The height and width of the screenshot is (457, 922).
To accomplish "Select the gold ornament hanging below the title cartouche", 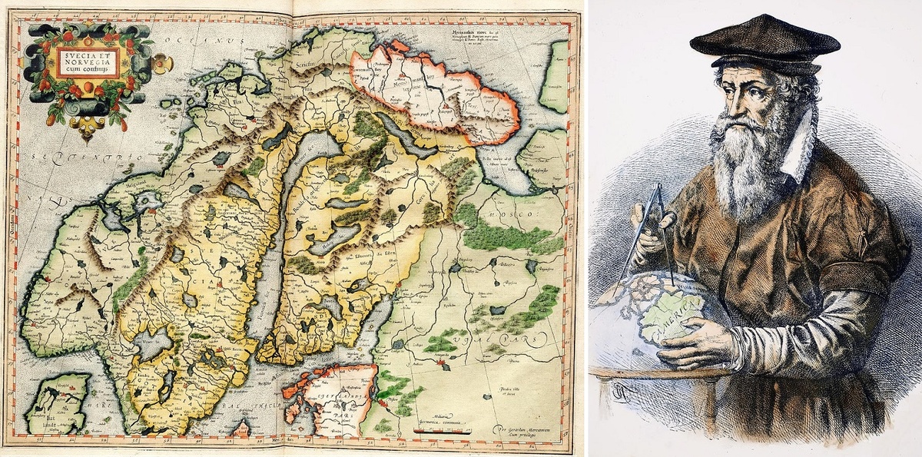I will [86, 132].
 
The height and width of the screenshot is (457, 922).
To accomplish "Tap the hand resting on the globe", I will [695, 342].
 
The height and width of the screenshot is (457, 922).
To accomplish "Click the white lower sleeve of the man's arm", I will [799, 330].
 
